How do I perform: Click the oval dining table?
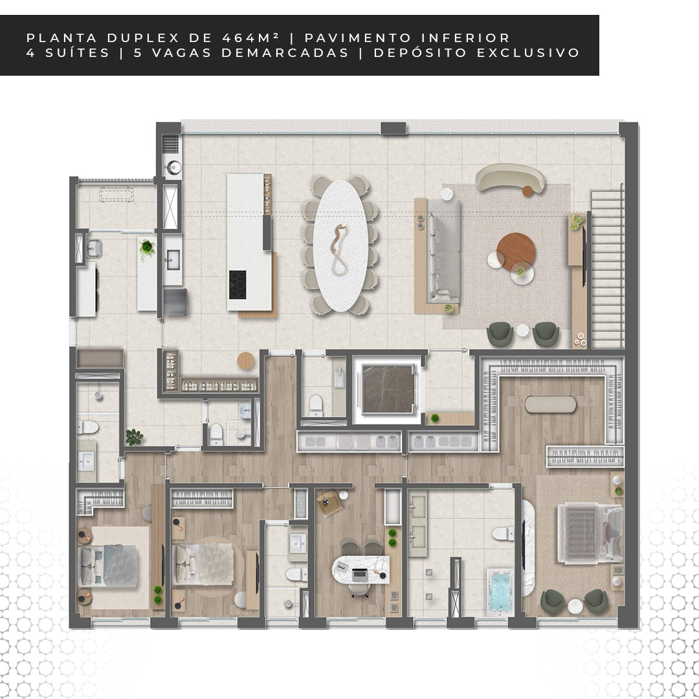coord(340,246)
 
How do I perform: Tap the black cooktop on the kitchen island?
coord(238,284)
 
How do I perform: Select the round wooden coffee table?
coord(516,251)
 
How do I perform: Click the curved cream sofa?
coord(510,177)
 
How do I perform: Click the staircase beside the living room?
coord(606,268)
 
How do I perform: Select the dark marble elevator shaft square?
coord(388,389)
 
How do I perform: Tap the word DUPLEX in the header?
coord(142,38)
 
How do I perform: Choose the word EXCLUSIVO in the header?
coord(528,52)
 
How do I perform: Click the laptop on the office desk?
coord(359,575)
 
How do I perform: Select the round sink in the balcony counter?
coord(173,168)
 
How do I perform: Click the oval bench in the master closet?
coord(550,405)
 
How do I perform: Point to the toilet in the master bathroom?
coord(503,533)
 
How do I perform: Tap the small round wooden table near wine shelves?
coord(245,361)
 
